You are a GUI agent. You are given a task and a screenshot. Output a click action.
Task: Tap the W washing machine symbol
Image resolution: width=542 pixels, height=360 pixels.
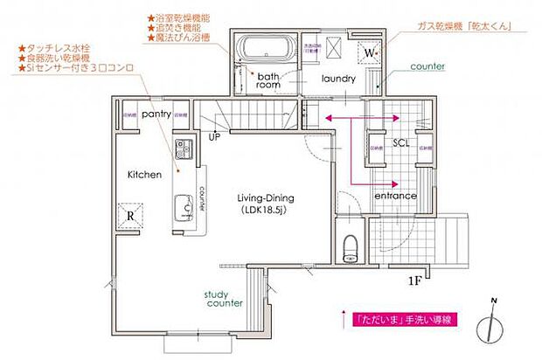[368, 53]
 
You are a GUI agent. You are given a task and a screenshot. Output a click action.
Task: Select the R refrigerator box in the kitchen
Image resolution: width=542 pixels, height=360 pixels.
[129, 213]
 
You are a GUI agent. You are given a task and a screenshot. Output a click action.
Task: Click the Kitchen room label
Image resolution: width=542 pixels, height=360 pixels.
[144, 175]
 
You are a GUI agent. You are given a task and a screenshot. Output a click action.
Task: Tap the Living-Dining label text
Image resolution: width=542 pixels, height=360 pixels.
[267, 198]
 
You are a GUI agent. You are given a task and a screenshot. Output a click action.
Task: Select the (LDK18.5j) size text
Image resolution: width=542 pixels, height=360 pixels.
[267, 211]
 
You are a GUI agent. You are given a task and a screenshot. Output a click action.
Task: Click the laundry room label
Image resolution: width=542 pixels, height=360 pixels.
[337, 79]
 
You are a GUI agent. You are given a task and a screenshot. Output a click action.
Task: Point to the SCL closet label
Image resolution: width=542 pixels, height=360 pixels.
[401, 142]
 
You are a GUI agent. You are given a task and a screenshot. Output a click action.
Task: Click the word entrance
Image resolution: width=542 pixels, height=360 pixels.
[394, 196]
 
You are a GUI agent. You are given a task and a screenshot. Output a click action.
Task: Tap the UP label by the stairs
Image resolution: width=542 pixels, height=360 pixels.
[214, 135]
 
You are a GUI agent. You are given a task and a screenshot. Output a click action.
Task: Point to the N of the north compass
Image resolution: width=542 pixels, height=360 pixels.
[493, 302]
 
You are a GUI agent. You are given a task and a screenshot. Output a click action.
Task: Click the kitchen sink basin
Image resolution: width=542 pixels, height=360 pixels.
[184, 207]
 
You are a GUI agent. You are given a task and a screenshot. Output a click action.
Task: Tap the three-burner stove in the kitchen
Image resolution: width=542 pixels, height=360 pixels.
[184, 149]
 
